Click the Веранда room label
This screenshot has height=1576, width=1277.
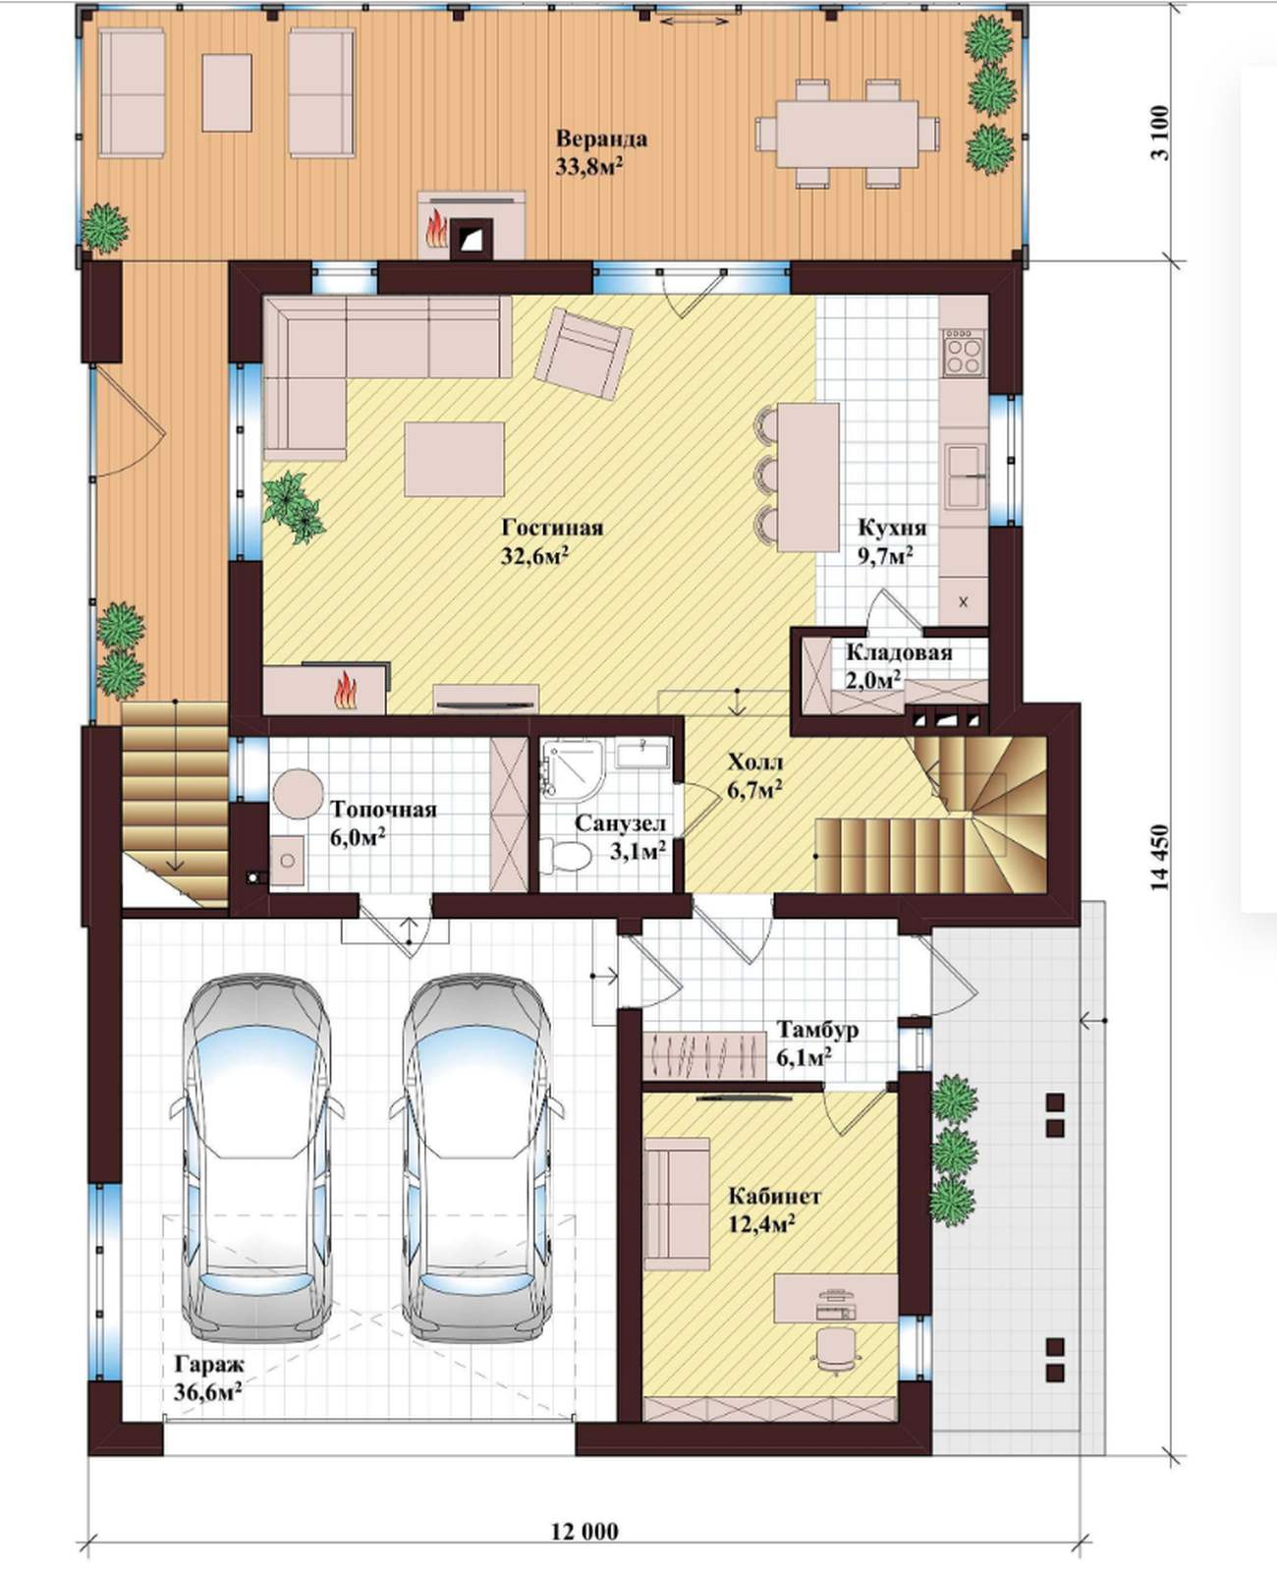pos(601,140)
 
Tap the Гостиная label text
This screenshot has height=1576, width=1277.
pos(553,528)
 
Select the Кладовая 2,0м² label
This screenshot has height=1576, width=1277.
pos(898,666)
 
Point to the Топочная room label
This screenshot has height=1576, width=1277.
pos(383,809)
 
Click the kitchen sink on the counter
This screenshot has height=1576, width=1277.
pos(966,477)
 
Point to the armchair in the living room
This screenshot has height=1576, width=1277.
pos(583,355)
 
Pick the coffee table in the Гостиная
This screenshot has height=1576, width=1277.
pos(454,459)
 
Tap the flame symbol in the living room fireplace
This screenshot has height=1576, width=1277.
pos(345,691)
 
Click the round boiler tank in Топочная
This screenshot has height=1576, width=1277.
pos(298,794)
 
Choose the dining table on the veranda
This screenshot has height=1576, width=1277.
pos(847,134)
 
